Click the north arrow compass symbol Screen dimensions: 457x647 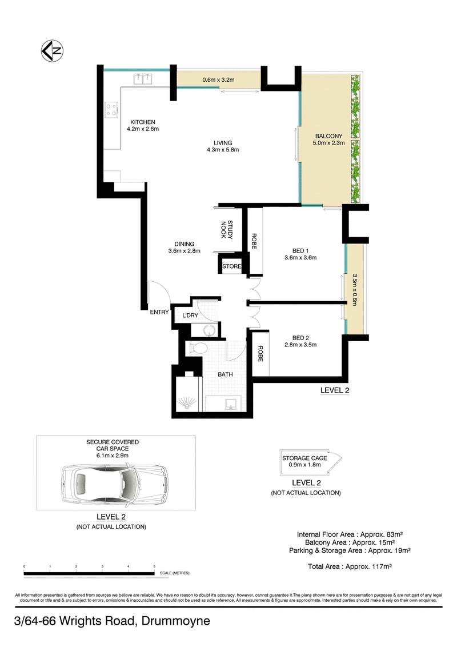pos(52,51)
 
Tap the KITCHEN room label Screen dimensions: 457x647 pos(143,122)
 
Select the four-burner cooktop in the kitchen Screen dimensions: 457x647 pos(112,110)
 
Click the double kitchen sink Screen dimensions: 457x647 pos(143,79)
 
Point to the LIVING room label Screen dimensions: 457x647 pos(223,143)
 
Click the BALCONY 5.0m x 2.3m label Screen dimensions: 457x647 pos(328,139)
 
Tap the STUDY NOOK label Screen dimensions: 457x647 pos(227,230)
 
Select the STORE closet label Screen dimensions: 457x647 pos(231,266)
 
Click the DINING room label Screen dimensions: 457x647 pos(184,244)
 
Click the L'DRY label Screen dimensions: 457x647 pos(190,315)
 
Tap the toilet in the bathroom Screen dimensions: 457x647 pos(198,349)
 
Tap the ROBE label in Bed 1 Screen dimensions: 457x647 pos(254,241)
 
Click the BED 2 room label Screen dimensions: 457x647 pos(300,338)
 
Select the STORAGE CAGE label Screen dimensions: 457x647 pos(304,458)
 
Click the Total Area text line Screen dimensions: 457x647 pos(350,566)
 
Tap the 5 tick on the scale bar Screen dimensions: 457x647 pos(154,566)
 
